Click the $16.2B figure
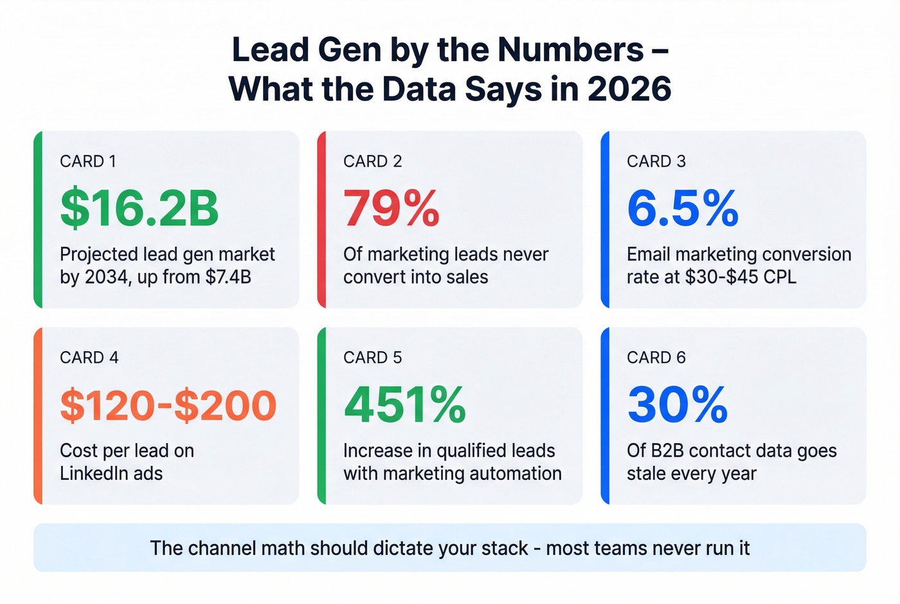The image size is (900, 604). (x=139, y=208)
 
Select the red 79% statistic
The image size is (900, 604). (x=392, y=208)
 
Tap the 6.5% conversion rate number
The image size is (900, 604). (x=683, y=208)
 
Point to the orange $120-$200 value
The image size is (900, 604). (x=168, y=405)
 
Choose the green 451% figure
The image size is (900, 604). (x=405, y=405)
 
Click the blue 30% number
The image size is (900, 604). (x=678, y=405)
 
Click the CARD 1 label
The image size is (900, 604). (x=88, y=161)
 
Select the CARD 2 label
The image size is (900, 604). (x=372, y=161)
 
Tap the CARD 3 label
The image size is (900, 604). (x=656, y=161)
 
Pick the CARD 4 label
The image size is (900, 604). (x=89, y=358)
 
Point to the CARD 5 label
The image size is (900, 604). (x=372, y=358)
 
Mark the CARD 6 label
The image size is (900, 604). (x=656, y=358)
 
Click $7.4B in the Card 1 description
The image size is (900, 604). (x=228, y=277)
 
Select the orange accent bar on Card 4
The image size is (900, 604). (x=39, y=416)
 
